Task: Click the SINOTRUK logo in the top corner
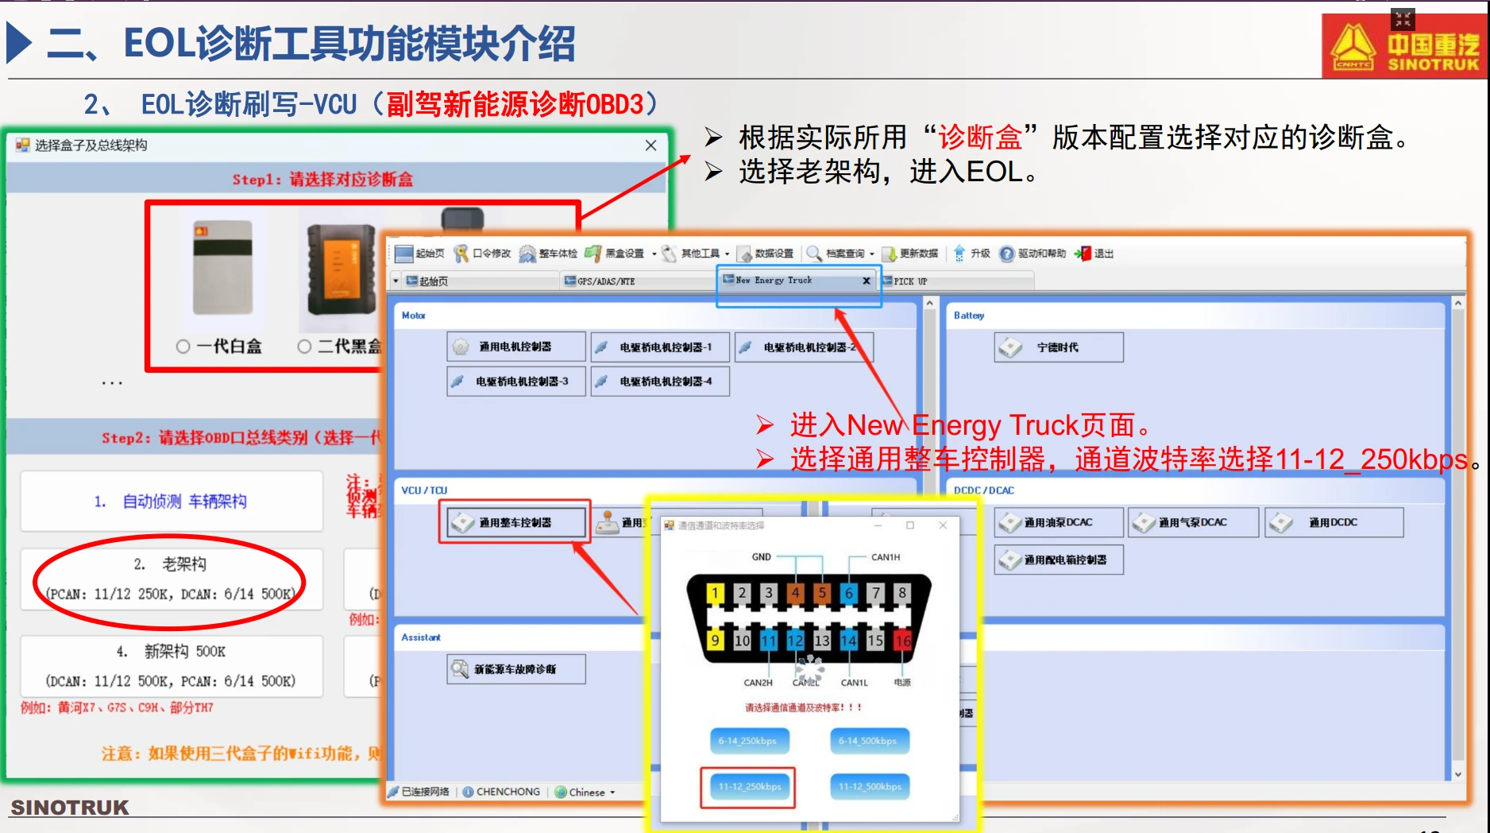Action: [1403, 46]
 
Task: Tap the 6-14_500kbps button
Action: [868, 741]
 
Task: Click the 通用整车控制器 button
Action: [515, 522]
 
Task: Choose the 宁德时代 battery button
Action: [1058, 347]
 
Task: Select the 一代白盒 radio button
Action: [183, 347]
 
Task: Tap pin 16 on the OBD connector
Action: [902, 640]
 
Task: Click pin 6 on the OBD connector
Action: [848, 592]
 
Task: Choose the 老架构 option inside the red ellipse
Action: [170, 579]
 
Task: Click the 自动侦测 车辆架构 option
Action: [171, 502]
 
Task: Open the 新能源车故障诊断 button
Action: [515, 669]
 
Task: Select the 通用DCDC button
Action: [1333, 522]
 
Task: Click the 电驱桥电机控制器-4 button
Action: [659, 382]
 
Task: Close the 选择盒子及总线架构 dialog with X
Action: [650, 145]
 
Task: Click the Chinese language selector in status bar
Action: [586, 792]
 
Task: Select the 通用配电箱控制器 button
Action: [1058, 560]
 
